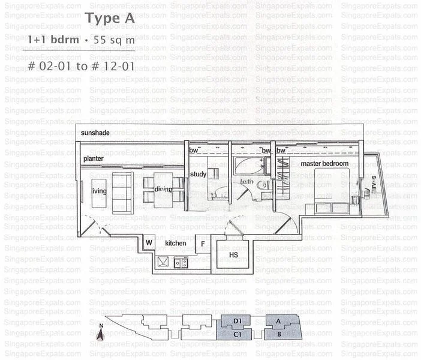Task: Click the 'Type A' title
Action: coord(110,18)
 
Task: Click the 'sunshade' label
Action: coord(94,132)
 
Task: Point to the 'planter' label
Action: coord(94,158)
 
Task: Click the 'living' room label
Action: coord(100,190)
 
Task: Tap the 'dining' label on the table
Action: coord(163,190)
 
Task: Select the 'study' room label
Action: coord(198,175)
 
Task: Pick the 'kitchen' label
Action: coord(176,243)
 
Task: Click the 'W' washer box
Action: coord(148,243)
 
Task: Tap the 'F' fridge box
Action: coord(203,244)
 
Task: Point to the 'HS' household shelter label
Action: coord(234,255)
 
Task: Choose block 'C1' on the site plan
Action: coord(237,334)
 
